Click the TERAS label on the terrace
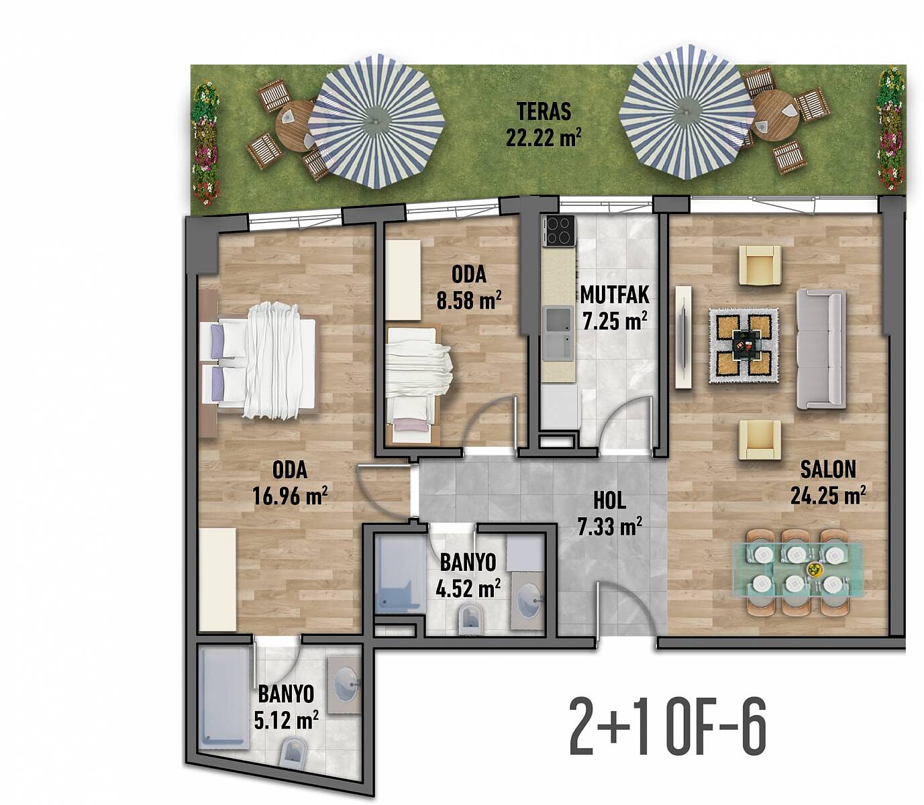(544, 111)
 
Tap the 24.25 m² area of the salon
(828, 495)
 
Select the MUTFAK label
(614, 295)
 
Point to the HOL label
(609, 501)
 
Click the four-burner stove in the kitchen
(560, 231)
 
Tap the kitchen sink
(558, 333)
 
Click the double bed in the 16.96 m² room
(259, 361)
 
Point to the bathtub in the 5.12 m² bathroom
(223, 698)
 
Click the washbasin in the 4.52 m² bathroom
(528, 600)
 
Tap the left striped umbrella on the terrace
(376, 121)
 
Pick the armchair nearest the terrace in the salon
(760, 264)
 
